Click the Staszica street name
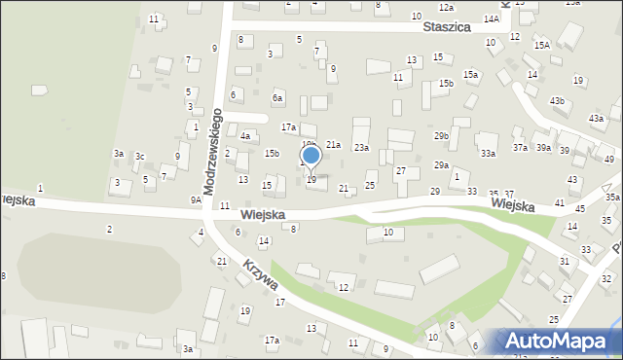click(447, 28)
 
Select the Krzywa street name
click(261, 276)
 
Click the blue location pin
click(311, 156)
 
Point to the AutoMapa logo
click(561, 341)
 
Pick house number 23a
click(361, 147)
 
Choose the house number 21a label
click(333, 145)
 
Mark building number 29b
click(442, 135)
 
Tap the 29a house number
click(441, 165)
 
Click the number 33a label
click(488, 154)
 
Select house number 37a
click(521, 147)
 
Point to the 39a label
click(543, 148)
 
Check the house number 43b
click(557, 101)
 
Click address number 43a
click(596, 118)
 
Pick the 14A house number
click(492, 19)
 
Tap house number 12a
click(446, 8)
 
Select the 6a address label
click(277, 98)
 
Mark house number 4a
click(246, 136)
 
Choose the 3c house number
click(140, 157)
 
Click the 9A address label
click(196, 199)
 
